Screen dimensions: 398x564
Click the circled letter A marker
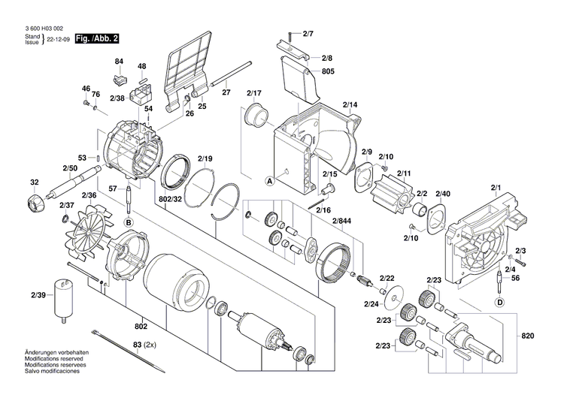(x=268, y=181)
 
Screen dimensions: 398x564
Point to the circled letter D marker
(x=499, y=302)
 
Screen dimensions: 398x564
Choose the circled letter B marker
(x=129, y=222)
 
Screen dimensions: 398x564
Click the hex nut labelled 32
(x=35, y=203)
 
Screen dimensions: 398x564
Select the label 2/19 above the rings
(x=205, y=158)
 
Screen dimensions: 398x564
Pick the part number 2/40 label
(x=443, y=194)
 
